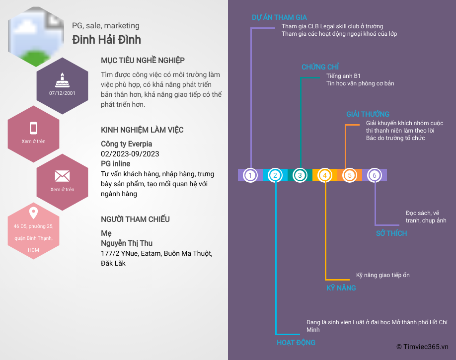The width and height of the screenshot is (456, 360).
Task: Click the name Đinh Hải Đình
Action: coord(106,39)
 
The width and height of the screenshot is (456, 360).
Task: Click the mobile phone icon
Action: coord(33,128)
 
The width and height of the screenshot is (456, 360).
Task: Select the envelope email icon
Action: coord(62,176)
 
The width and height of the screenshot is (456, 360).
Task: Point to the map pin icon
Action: coord(33,214)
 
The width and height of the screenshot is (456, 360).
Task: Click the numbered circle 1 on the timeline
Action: coord(251,175)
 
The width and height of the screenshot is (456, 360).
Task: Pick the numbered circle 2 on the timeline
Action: coord(276,175)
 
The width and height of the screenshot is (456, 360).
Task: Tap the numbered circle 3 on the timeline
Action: coord(300,175)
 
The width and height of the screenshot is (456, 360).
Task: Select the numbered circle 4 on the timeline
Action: coord(325,175)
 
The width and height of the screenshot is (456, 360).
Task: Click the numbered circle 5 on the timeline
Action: coord(350,175)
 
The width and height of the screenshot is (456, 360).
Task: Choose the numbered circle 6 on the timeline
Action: coord(375,175)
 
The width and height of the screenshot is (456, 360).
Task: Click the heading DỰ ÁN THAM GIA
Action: coord(279,17)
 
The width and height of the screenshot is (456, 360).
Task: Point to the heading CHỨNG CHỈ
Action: coord(320,67)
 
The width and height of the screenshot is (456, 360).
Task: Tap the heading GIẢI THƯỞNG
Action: coord(368,114)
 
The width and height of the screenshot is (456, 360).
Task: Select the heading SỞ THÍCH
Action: coord(391,233)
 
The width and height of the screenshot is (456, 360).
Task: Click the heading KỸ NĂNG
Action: coord(341,288)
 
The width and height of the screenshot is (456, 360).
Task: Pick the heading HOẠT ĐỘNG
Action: coord(296,343)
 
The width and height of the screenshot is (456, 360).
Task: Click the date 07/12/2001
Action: coord(62,93)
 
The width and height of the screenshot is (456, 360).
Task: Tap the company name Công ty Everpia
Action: coord(127,144)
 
